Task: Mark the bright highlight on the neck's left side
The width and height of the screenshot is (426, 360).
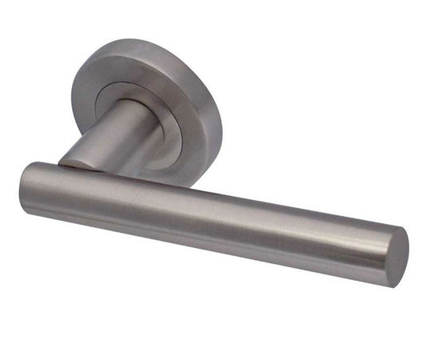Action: coord(88,144)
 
